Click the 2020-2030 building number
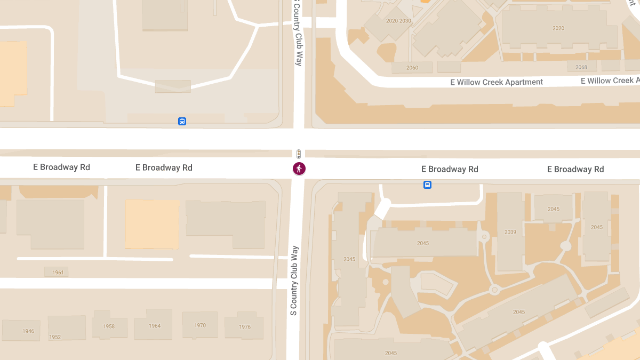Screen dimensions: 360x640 click(x=398, y=21)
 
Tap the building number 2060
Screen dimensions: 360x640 click(x=412, y=68)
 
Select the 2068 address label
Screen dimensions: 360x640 click(x=581, y=67)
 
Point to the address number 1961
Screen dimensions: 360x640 click(x=58, y=273)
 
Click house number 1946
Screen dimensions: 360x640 click(x=28, y=331)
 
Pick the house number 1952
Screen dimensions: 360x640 click(x=55, y=337)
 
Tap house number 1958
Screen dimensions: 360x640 click(x=109, y=326)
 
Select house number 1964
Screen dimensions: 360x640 click(x=155, y=326)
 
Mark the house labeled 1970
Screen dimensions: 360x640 click(x=200, y=325)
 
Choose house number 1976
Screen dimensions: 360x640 click(x=245, y=327)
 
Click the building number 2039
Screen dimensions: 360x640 click(x=510, y=232)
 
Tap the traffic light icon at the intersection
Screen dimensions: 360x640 click(x=299, y=154)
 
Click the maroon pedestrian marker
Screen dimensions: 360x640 click(x=299, y=169)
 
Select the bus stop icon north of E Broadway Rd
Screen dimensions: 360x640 click(x=182, y=121)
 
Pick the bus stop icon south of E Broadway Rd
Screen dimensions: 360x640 click(x=427, y=185)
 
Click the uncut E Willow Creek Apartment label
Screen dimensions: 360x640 click(x=497, y=82)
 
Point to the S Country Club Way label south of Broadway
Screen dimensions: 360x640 click(x=293, y=281)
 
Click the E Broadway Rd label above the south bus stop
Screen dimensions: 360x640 click(x=450, y=169)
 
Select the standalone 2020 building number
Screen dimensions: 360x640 click(x=558, y=28)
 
